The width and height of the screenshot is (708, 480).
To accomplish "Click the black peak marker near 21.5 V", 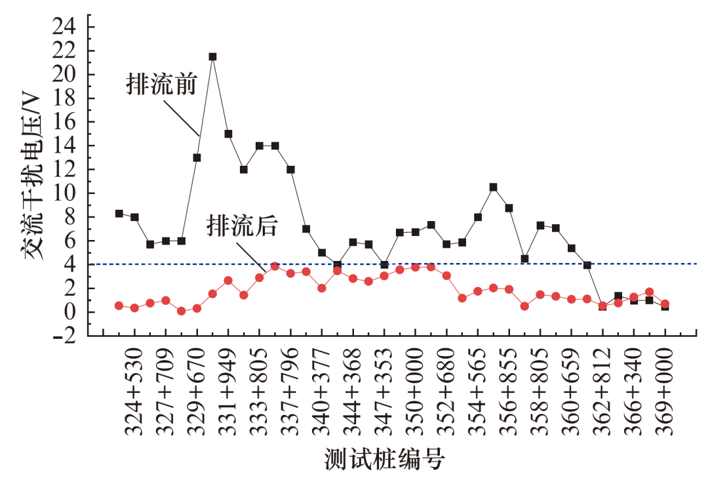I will point(212,56).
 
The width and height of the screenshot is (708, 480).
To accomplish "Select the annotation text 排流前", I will point(161,85).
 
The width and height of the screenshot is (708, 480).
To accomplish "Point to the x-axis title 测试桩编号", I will point(384,459).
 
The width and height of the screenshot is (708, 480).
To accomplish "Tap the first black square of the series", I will point(119,213).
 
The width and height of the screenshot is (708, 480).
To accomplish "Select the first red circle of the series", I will point(119,306).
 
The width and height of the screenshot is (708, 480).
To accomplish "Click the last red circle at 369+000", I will point(665,304).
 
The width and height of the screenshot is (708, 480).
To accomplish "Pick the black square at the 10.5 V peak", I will point(493,187).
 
